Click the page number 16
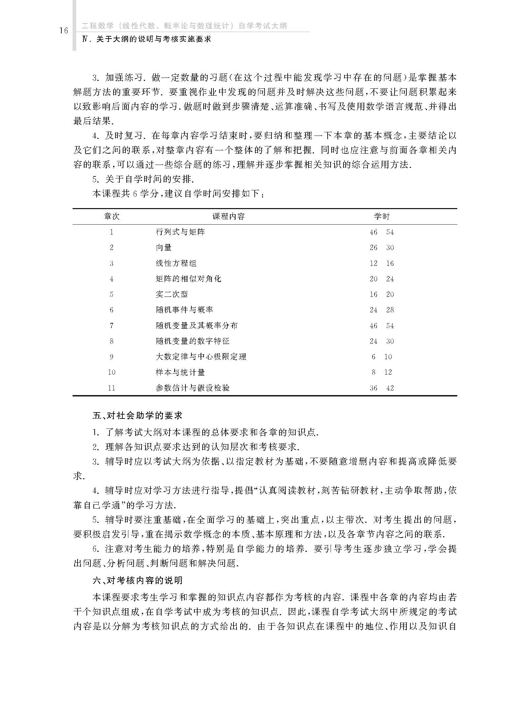[63, 31]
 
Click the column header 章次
[112, 216]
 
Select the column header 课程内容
[228, 216]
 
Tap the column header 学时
[382, 216]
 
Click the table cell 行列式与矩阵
[180, 232]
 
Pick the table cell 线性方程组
[176, 263]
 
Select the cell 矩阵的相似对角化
[188, 279]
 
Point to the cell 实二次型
[172, 294]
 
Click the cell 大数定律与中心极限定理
[201, 357]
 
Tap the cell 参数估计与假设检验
[193, 388]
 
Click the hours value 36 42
[382, 388]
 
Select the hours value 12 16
[382, 263]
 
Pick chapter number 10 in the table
[112, 372]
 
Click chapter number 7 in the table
[112, 326]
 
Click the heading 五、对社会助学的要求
[137, 416]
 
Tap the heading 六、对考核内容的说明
[137, 580]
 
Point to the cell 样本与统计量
[180, 372]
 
